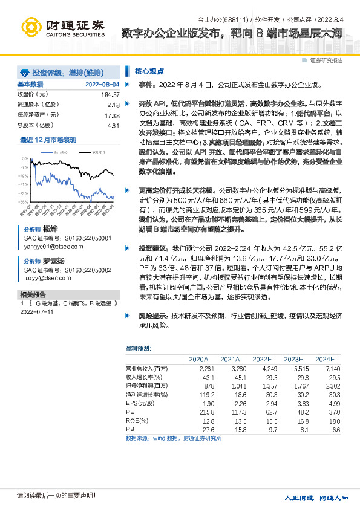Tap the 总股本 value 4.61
click(x=113, y=125)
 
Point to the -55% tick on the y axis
click(x=22, y=202)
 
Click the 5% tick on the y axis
click(x=24, y=158)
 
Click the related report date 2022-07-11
click(x=37, y=313)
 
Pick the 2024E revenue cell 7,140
click(x=333, y=368)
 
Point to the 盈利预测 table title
click(x=138, y=348)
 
